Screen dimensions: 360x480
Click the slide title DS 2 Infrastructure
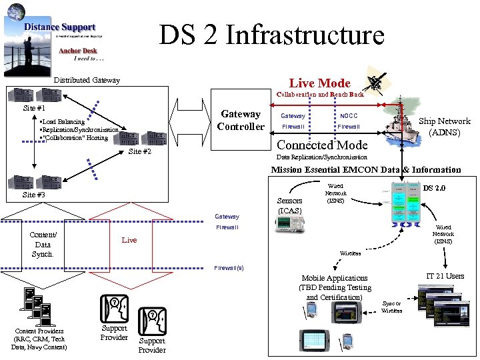[x=271, y=35]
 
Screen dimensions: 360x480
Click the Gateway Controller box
[x=241, y=121]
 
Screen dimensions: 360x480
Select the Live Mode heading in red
[x=319, y=83]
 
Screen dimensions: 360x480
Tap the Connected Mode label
[x=322, y=145]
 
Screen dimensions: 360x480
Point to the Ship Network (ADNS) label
[x=444, y=127]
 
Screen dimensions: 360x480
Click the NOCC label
[x=348, y=116]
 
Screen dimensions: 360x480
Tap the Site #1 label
[x=34, y=108]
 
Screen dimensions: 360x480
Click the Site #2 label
[x=140, y=151]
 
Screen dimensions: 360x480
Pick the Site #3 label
[x=34, y=195]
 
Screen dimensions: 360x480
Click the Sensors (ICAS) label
[x=289, y=205]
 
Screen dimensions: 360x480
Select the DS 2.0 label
[x=434, y=188]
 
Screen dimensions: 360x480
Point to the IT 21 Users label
[x=445, y=276]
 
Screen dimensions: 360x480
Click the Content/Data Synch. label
[x=42, y=245]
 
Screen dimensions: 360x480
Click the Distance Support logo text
[x=60, y=27]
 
